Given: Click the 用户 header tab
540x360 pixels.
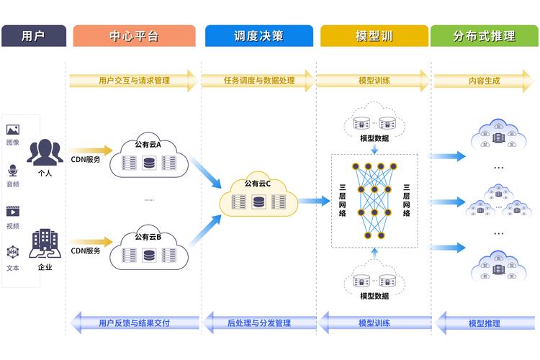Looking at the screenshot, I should (x=33, y=36).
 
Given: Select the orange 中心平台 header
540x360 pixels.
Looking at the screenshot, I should (x=134, y=36).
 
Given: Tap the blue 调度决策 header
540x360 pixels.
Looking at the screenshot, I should (x=259, y=36).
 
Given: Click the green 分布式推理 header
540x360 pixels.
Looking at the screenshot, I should (x=485, y=36).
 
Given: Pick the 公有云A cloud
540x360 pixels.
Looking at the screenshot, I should (x=148, y=158).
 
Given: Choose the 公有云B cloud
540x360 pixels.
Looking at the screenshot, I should (x=148, y=249).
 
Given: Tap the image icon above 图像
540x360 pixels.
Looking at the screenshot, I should (x=13, y=130).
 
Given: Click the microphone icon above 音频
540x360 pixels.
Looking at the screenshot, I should (x=13, y=171).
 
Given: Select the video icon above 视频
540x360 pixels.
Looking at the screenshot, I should (x=13, y=212).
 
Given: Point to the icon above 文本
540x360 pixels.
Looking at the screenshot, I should (x=13, y=252).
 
